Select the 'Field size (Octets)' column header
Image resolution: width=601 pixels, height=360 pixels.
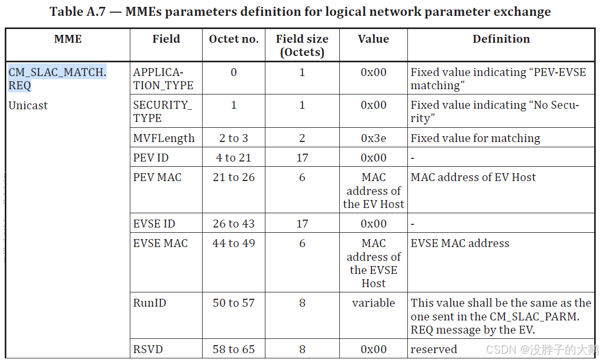click(x=302, y=45)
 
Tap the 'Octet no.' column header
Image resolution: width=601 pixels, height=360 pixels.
click(x=234, y=39)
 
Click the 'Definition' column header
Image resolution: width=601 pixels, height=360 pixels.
click(x=501, y=39)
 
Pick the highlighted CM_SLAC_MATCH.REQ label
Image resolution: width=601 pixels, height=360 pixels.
click(x=57, y=79)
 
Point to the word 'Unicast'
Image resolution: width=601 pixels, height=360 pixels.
click(x=28, y=106)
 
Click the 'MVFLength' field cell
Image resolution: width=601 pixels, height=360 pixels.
click(x=164, y=138)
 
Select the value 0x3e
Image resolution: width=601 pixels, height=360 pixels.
click(x=373, y=138)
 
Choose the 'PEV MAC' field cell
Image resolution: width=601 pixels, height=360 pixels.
click(x=157, y=177)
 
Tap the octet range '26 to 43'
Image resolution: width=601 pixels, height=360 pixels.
click(x=234, y=224)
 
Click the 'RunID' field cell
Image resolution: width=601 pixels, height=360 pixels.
click(x=150, y=303)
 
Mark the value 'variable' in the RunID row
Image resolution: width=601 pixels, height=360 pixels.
click(x=373, y=303)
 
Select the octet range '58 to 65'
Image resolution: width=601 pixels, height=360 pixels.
click(x=234, y=349)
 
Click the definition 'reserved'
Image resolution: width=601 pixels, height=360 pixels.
click(x=434, y=349)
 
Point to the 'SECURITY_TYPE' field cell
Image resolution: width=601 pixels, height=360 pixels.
click(x=163, y=111)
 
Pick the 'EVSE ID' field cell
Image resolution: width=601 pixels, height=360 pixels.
click(x=154, y=224)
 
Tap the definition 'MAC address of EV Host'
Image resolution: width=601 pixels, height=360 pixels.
click(x=473, y=177)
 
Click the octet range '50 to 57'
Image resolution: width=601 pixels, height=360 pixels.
click(x=234, y=303)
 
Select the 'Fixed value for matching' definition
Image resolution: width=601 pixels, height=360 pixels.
click(x=475, y=138)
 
